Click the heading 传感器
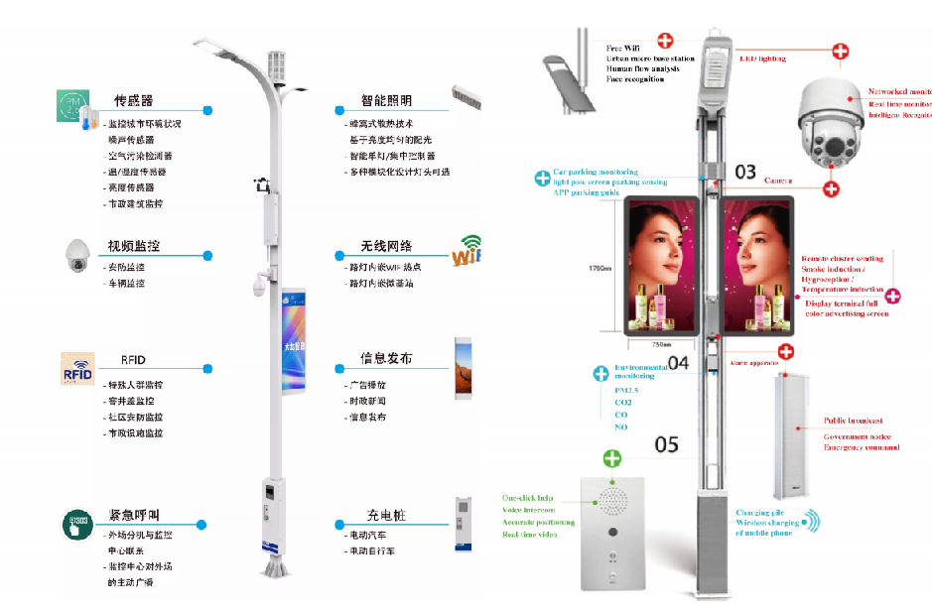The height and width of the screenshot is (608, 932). pos(133,101)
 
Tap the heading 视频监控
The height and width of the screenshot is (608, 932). pos(134,246)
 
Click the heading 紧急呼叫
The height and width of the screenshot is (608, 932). pos(134,515)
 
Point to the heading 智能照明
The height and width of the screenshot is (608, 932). pos(386,101)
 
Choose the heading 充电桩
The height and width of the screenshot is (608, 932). pos(386,516)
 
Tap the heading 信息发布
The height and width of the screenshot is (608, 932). pos(386,358)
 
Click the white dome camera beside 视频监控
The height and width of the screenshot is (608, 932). pos(77,256)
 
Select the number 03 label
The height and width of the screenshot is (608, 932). pos(745,172)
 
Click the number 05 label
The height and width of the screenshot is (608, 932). pos(666,443)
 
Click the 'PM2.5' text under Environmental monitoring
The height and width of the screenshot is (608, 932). pos(628,390)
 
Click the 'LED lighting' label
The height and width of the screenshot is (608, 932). pos(762,59)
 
